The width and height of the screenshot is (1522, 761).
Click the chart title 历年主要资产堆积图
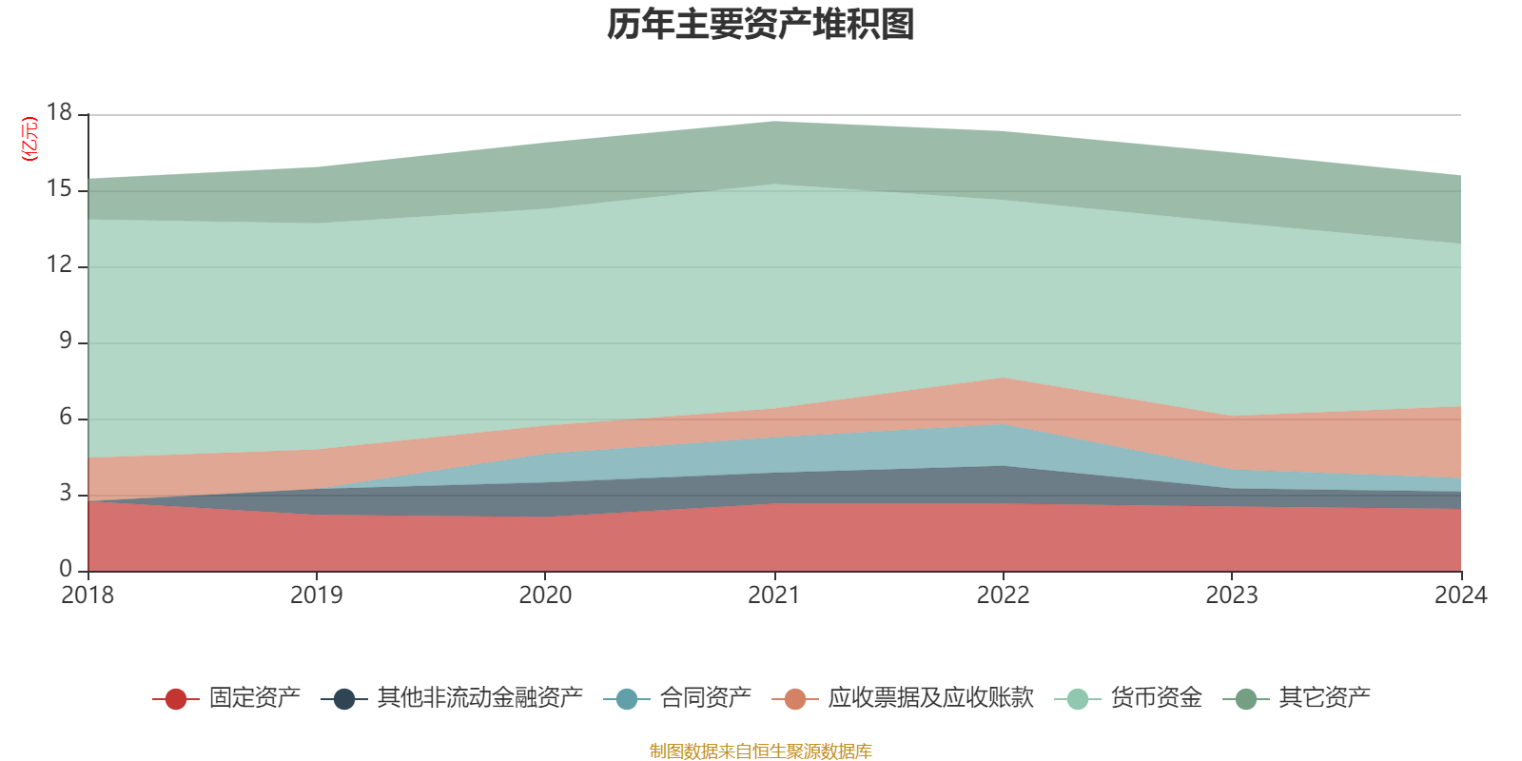click(x=761, y=25)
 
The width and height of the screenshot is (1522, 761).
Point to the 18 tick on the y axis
click(x=59, y=112)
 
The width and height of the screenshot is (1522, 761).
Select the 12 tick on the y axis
click(x=59, y=264)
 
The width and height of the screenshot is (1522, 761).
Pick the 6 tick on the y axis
click(x=65, y=417)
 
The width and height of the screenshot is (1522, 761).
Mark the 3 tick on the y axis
click(x=65, y=493)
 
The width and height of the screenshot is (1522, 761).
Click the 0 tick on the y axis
click(x=65, y=569)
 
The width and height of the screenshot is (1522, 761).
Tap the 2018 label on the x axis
click(x=88, y=595)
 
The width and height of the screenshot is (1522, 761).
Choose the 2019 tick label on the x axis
click(x=316, y=595)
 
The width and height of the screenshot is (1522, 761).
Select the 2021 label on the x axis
click(x=774, y=595)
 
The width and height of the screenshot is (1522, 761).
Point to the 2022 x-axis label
click(x=1003, y=595)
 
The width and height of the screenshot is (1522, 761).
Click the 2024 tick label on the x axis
click(x=1460, y=595)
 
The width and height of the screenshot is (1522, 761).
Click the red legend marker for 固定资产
click(x=176, y=699)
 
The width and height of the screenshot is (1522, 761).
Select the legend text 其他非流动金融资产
click(x=479, y=698)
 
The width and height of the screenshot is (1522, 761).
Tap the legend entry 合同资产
click(x=705, y=698)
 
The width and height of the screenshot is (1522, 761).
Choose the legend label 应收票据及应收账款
click(x=929, y=698)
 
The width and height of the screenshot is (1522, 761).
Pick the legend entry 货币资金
click(x=1156, y=698)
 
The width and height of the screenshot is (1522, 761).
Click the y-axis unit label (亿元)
click(x=30, y=139)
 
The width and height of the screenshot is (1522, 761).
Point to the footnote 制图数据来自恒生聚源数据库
click(x=761, y=751)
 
